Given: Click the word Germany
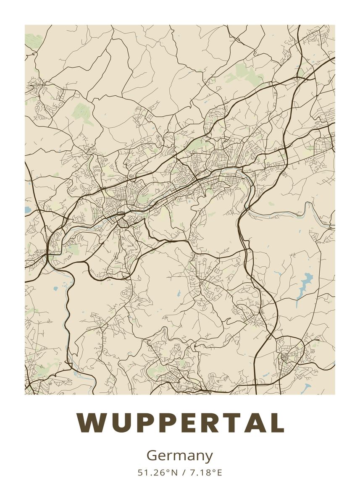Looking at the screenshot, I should coord(180,456).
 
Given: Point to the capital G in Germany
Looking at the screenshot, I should coord(152,455).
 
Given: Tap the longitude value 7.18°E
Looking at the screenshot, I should coord(205,473).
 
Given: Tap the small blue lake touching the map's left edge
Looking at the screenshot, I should coord(27,209).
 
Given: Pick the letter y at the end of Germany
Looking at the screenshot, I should coord(209,457).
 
